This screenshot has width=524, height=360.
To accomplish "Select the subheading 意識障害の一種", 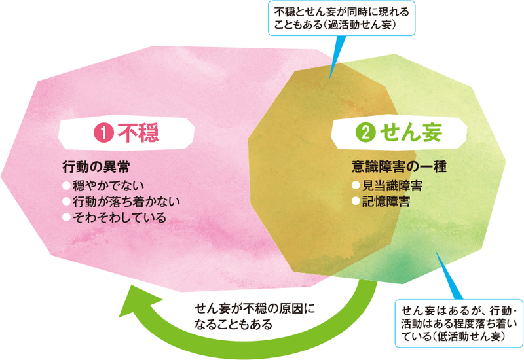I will pyautogui.click(x=399, y=166).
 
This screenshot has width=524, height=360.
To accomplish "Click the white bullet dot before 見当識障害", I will pyautogui.click(x=356, y=186).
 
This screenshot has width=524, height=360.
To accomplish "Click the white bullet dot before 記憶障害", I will pyautogui.click(x=356, y=202).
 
